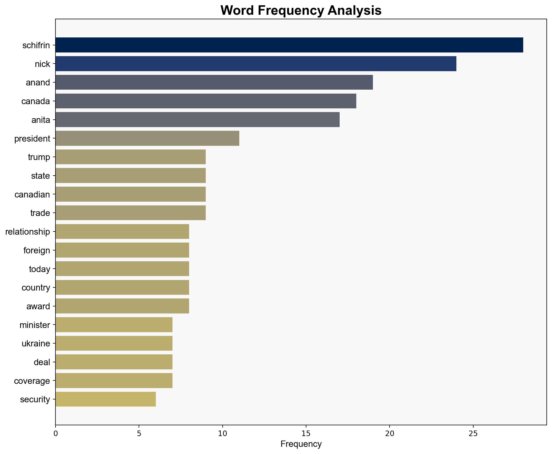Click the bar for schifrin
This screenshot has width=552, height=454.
coord(289,45)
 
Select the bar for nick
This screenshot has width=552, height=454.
coord(256,64)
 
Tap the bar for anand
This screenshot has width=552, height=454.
coord(214,83)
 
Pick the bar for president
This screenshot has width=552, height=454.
coord(147,138)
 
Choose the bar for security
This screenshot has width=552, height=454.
coord(105,399)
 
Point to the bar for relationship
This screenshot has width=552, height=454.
coord(122,232)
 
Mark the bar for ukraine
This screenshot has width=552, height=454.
coord(114,344)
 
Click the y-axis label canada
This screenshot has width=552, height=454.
coord(36,101)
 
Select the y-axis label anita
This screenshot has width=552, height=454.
coord(41,120)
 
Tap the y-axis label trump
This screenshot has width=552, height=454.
coord(39,157)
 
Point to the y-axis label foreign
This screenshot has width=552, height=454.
coord(37,250)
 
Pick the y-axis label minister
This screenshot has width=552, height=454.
coord(35,325)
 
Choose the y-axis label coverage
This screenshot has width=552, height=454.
coord(32,381)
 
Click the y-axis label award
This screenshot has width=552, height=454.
coord(38,306)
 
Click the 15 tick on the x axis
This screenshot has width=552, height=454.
coord(306,433)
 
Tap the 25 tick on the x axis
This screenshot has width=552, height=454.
coord(473,433)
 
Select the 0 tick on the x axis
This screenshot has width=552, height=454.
coord(55,433)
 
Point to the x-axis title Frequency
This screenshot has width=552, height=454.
coord(301,444)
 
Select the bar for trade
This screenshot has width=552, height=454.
coord(130,213)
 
